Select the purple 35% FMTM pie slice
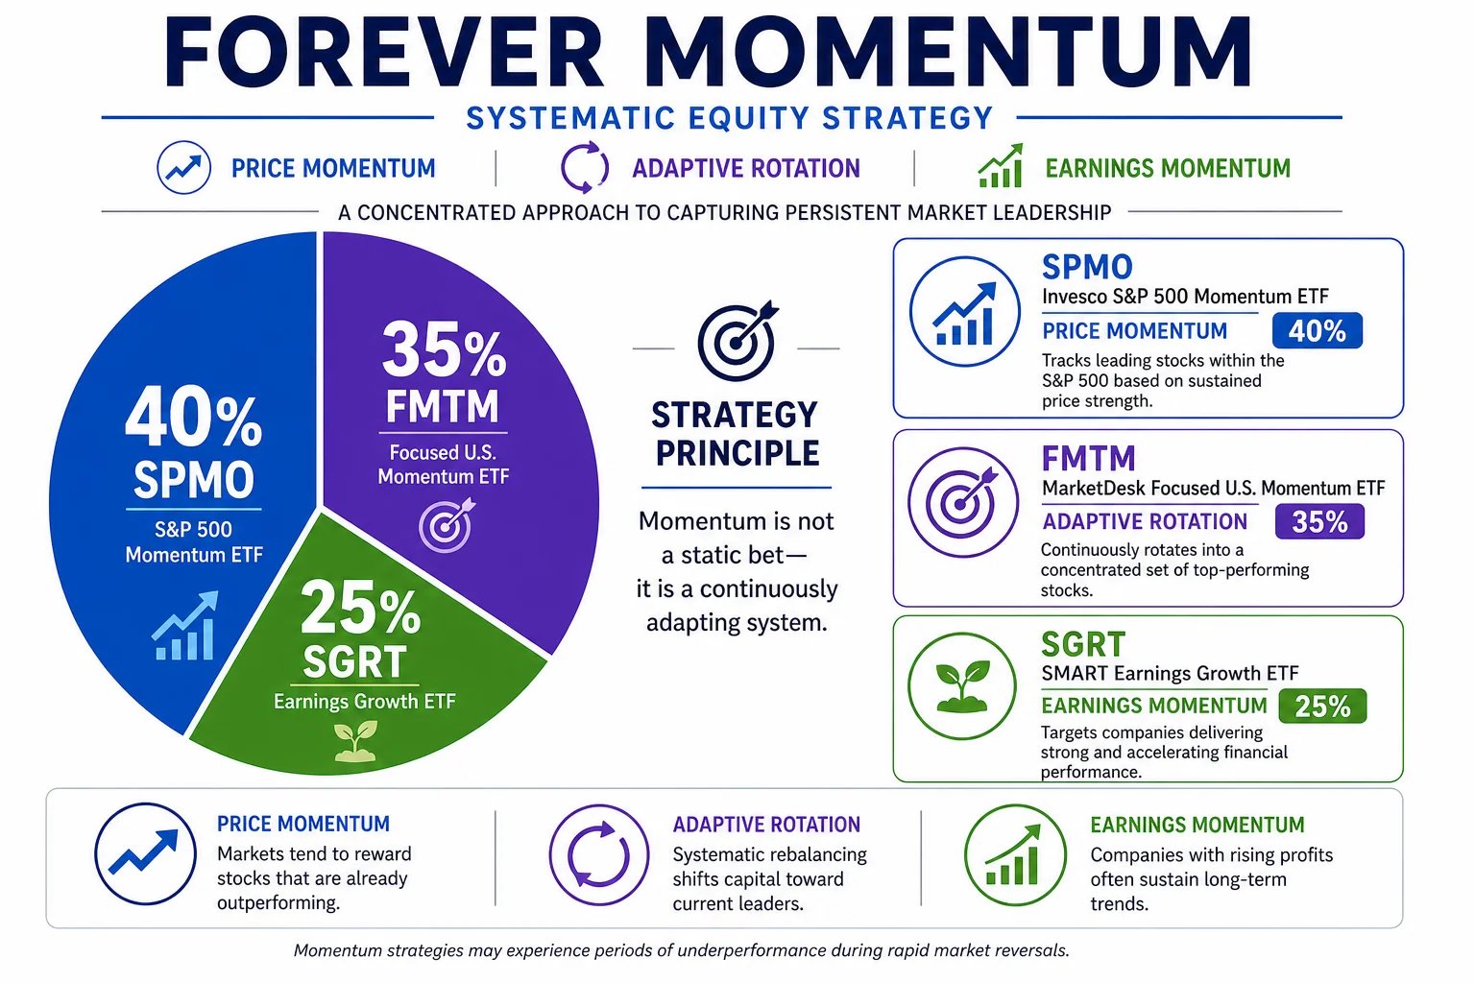(x=454, y=421)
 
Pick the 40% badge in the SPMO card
(x=1317, y=330)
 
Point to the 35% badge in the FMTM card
(x=1319, y=521)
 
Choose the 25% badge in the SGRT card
(x=1322, y=707)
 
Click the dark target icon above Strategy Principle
(x=737, y=341)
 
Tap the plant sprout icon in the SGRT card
(x=962, y=687)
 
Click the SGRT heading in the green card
(x=1083, y=644)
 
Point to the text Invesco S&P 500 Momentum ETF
(x=1185, y=297)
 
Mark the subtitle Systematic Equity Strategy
(x=730, y=118)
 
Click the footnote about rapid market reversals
(x=682, y=950)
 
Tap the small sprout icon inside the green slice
(x=355, y=741)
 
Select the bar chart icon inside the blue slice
(x=185, y=626)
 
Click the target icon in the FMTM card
(x=963, y=503)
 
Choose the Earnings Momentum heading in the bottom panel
(x=1197, y=825)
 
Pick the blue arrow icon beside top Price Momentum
(x=183, y=168)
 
